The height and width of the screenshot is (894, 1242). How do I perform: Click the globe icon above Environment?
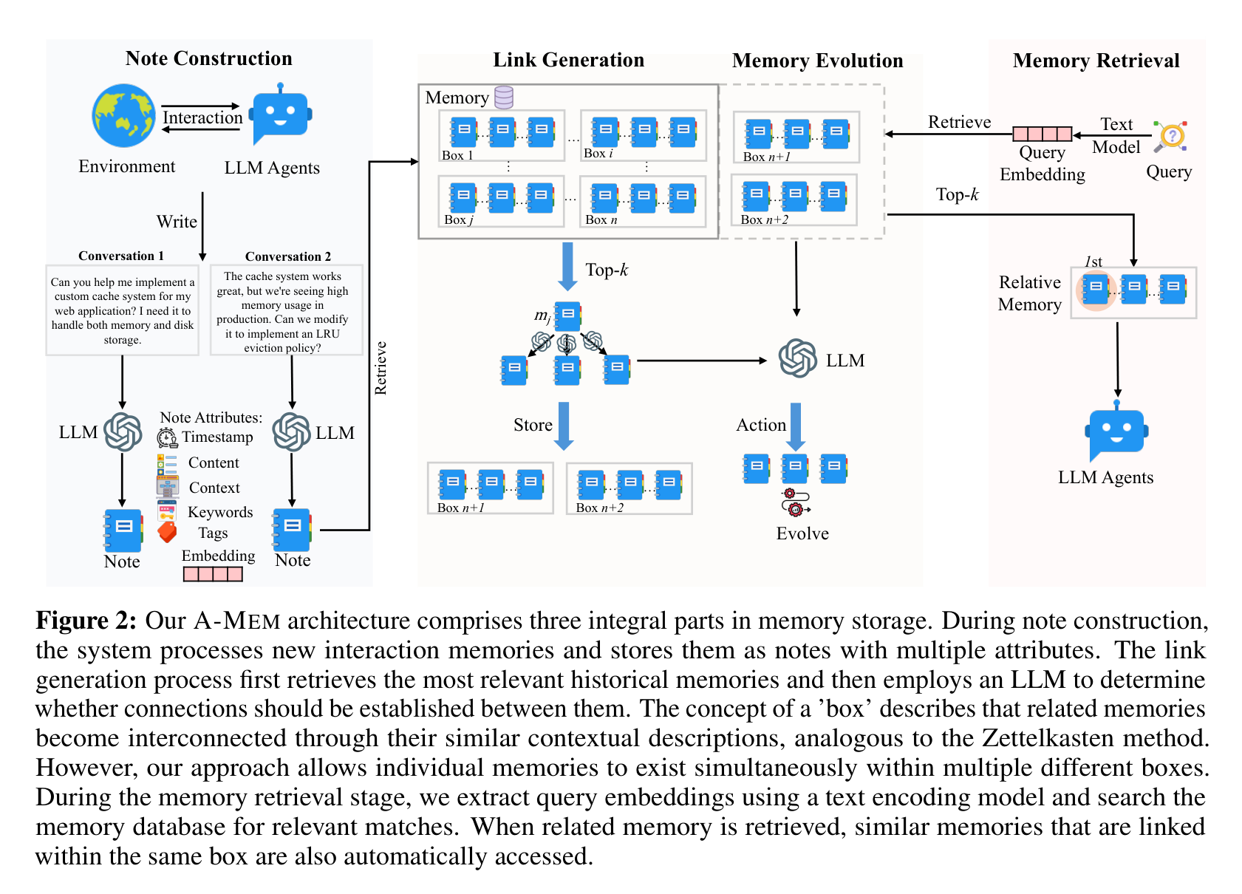(123, 115)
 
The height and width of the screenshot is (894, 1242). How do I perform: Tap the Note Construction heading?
(208, 58)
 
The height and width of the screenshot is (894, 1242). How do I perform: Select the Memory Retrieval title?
(1096, 61)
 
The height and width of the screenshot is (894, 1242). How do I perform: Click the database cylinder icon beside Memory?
(503, 97)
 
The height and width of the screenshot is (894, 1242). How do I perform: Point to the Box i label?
(598, 153)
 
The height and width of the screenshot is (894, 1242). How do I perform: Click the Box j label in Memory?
(458, 219)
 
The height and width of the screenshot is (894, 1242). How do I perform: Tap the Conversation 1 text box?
(123, 310)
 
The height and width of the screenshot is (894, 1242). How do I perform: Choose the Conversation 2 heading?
(287, 256)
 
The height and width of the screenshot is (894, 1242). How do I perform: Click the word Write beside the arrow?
(177, 221)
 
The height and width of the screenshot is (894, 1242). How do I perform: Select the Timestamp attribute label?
(217, 437)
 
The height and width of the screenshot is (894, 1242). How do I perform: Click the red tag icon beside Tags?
(167, 532)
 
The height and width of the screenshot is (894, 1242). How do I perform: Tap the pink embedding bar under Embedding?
(213, 574)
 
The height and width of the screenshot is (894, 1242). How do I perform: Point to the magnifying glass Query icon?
(1170, 137)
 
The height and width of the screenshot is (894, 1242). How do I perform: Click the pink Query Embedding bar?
(1043, 134)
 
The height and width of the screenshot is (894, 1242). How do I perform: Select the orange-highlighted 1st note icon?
(1096, 290)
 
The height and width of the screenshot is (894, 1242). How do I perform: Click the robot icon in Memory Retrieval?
(1116, 431)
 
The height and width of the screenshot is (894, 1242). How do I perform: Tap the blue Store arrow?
(564, 426)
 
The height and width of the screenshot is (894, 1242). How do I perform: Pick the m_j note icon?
(567, 316)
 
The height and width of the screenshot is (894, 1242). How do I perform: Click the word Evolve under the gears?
(802, 533)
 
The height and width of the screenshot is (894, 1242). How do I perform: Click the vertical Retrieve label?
(381, 368)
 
